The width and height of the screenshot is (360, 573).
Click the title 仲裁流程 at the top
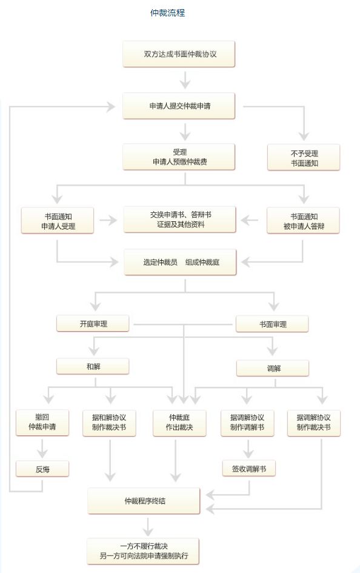click(x=168, y=13)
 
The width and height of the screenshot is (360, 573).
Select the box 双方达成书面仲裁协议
click(x=179, y=54)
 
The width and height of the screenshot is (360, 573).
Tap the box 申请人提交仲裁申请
click(x=179, y=106)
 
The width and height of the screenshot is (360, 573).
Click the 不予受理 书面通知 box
click(x=304, y=158)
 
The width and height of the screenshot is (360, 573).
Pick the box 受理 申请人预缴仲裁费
click(x=179, y=157)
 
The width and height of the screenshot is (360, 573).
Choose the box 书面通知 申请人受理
click(x=58, y=221)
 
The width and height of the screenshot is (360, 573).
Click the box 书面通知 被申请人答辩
click(x=304, y=221)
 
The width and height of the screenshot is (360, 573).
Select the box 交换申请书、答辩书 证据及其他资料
click(x=179, y=219)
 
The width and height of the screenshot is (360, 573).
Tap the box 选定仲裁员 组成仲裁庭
click(x=180, y=262)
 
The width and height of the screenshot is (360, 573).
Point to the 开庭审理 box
click(x=93, y=323)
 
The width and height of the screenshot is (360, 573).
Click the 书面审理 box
click(x=272, y=324)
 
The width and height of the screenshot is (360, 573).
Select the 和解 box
click(x=93, y=366)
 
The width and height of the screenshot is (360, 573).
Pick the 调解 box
click(x=273, y=369)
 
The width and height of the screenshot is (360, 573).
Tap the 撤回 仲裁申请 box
click(x=42, y=423)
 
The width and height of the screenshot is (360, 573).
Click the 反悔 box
click(x=42, y=469)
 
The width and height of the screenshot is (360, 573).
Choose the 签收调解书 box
click(x=248, y=469)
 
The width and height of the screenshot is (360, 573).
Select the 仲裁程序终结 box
click(x=144, y=501)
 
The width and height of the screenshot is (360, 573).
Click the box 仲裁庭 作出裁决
click(x=179, y=423)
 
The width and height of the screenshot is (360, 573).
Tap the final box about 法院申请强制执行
click(x=143, y=551)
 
